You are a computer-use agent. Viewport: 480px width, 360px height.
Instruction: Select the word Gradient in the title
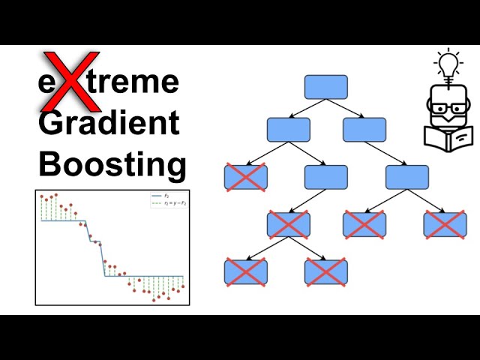click(x=109, y=122)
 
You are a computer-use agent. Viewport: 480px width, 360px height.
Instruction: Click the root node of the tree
click(x=326, y=87)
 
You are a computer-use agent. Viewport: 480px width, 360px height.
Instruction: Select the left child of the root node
click(x=289, y=130)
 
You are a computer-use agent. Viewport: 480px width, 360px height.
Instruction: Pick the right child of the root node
click(x=364, y=130)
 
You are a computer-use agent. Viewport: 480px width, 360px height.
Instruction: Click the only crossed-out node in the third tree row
click(x=246, y=177)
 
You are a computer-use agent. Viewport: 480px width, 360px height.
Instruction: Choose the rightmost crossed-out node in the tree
click(x=445, y=224)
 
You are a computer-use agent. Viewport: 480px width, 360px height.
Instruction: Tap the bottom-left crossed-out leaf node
click(x=246, y=271)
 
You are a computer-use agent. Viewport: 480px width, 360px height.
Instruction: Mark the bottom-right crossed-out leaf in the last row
click(x=326, y=271)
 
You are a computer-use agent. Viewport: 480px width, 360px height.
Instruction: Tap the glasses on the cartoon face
click(x=448, y=108)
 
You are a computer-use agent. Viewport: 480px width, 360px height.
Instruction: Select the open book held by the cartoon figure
click(x=448, y=137)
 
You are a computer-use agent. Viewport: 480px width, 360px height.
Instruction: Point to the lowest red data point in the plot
click(x=154, y=300)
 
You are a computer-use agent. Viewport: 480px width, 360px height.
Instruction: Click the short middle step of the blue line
click(x=94, y=241)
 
